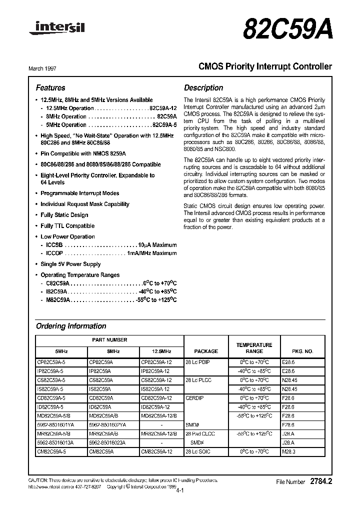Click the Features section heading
pyautogui.click(x=50, y=87)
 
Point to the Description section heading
pyautogui.click(x=203, y=87)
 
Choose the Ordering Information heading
pyautogui.click(x=71, y=326)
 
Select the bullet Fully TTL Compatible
pyautogui.click(x=67, y=226)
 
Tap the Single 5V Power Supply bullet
pyautogui.click(x=70, y=264)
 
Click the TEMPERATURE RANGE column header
pyautogui.click(x=254, y=348)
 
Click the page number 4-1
pyautogui.click(x=180, y=491)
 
